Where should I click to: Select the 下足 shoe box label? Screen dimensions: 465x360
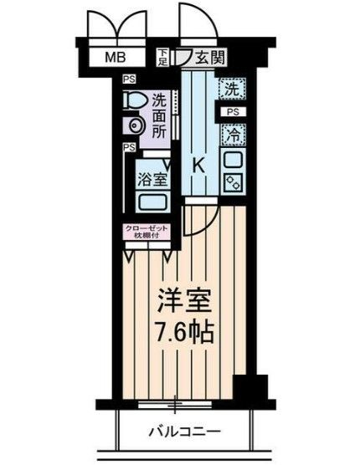point(164,58)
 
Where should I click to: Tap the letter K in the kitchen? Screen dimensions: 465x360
point(199,165)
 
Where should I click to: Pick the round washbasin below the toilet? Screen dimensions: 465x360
point(135,125)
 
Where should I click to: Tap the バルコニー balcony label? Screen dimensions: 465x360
point(185,432)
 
